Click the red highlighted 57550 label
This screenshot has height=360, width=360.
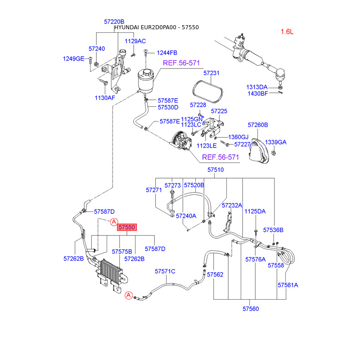[x=126, y=228]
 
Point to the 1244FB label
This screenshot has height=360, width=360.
[x=167, y=53]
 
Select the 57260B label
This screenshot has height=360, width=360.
[x=258, y=125]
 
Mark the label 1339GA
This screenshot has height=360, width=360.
[x=275, y=142]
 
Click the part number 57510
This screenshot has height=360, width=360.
[x=216, y=170]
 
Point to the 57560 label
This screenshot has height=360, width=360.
[x=251, y=309]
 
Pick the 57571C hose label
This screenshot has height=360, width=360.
[x=165, y=271]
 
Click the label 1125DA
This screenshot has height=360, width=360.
[x=255, y=211]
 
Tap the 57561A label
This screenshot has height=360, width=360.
[x=288, y=285]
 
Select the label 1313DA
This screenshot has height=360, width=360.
[x=256, y=87]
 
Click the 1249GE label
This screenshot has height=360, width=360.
[x=73, y=58]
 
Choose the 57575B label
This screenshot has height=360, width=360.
[x=122, y=251]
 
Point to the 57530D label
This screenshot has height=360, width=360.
[x=168, y=107]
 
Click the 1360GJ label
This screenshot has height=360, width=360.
[x=238, y=137]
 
